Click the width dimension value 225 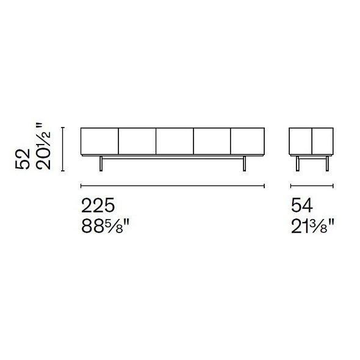click(x=98, y=206)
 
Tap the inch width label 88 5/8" click(x=106, y=226)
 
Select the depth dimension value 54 click(x=301, y=206)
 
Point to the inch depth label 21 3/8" click(x=312, y=226)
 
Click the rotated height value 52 click(x=23, y=159)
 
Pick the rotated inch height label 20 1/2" click(x=43, y=146)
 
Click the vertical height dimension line click(x=63, y=149)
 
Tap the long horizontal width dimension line click(x=173, y=185)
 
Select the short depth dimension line click(x=312, y=185)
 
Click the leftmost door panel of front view click(x=99, y=141)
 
